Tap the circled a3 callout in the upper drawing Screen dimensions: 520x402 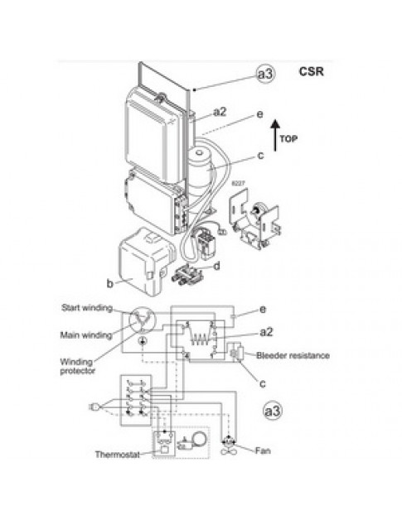[265, 75]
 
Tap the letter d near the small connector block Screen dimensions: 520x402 [216, 266]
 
